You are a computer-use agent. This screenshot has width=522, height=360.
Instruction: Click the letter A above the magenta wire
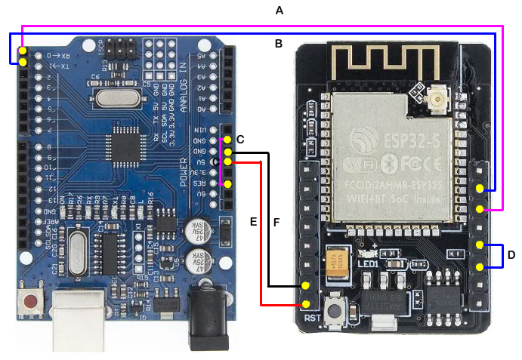pos(280,11)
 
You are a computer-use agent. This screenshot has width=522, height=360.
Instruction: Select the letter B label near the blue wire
pos(279,45)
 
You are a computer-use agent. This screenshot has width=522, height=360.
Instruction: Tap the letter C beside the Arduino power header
pos(240,140)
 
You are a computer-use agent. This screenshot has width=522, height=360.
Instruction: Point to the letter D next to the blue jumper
pos(511,255)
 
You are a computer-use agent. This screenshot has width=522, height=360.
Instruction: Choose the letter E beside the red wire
pos(254,222)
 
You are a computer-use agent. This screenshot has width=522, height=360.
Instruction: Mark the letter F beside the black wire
pos(276,223)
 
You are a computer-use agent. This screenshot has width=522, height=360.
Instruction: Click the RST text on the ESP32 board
pos(313,318)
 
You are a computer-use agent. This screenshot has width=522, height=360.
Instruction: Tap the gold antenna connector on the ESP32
pos(437,101)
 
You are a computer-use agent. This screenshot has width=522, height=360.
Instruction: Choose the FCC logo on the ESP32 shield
pos(424,163)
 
